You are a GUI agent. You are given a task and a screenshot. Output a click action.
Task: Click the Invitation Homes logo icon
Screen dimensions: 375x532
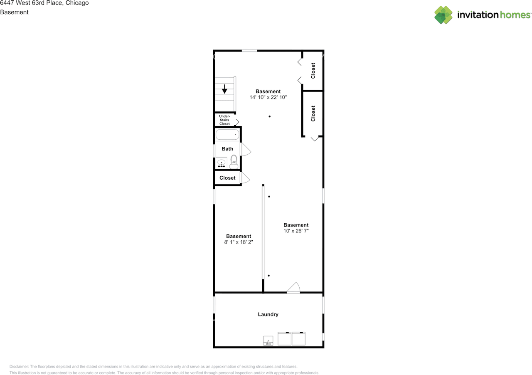(x=443, y=15)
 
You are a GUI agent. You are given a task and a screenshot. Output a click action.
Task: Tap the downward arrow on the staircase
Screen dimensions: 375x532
(x=224, y=89)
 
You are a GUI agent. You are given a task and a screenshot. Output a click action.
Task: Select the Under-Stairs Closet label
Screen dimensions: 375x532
(x=224, y=120)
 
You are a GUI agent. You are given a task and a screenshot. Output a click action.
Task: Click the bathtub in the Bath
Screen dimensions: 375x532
(x=227, y=134)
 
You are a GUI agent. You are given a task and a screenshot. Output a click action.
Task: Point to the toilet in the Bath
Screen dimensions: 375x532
(x=234, y=162)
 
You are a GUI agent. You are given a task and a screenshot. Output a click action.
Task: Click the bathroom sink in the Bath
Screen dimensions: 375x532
(x=222, y=163)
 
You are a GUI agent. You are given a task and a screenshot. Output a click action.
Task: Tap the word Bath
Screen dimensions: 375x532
(x=227, y=149)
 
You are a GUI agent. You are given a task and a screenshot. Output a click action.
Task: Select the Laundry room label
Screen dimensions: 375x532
(x=268, y=315)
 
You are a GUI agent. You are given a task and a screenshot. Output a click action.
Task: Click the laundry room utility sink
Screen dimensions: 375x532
(x=268, y=341)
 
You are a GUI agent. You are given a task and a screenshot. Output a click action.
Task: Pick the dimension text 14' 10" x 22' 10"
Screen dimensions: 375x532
(x=268, y=97)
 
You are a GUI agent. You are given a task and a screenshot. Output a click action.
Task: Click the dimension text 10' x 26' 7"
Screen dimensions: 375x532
(x=296, y=231)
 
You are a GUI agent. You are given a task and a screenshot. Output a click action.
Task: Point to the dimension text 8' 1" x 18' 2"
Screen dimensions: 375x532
(x=239, y=242)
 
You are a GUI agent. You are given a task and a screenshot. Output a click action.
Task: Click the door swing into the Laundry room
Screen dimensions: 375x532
(x=294, y=288)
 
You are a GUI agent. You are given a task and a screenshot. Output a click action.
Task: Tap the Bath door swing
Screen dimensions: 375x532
(x=246, y=149)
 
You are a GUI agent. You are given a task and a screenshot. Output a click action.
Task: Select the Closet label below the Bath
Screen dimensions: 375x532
(x=227, y=178)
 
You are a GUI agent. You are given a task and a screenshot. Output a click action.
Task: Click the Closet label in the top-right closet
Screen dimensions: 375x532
(x=313, y=70)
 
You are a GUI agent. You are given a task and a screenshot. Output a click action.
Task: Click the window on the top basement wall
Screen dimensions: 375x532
(x=249, y=51)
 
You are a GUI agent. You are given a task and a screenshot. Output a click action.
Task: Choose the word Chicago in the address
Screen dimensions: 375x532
(x=77, y=3)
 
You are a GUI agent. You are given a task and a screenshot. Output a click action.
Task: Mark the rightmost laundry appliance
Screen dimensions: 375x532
(x=298, y=338)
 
